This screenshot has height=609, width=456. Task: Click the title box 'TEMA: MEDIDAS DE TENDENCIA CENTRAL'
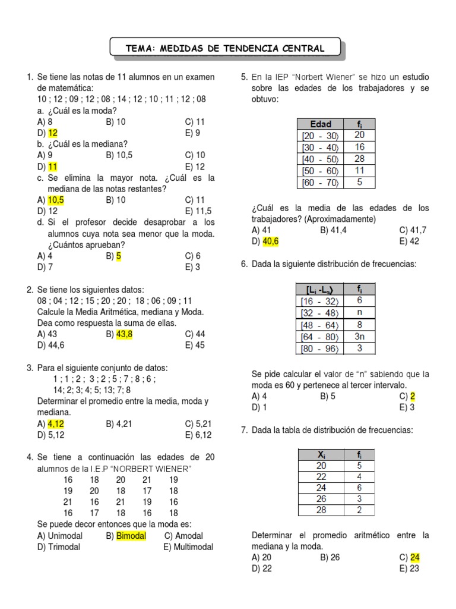click(x=225, y=48)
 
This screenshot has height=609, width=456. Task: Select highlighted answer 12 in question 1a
click(x=53, y=133)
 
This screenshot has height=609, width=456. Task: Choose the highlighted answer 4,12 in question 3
click(x=55, y=424)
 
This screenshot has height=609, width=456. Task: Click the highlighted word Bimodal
click(x=131, y=536)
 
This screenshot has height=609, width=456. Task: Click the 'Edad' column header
click(x=321, y=124)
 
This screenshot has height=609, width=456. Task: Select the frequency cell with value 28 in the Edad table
click(x=360, y=159)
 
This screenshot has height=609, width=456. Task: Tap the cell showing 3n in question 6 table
click(x=360, y=336)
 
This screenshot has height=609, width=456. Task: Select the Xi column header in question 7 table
click(x=321, y=455)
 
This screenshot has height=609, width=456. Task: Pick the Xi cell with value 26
click(x=321, y=499)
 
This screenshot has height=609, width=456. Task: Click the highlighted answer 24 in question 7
click(x=415, y=557)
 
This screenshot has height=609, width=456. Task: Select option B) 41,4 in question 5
click(x=333, y=230)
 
